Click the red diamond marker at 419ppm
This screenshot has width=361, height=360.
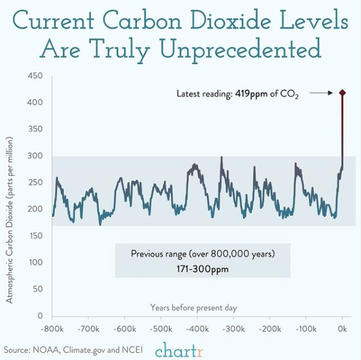(x=342, y=93)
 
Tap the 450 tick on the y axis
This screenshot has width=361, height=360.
(x=35, y=76)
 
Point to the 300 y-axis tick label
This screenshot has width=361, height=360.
(x=35, y=156)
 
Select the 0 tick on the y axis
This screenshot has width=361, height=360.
(x=40, y=316)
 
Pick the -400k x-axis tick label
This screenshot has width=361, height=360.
(x=197, y=329)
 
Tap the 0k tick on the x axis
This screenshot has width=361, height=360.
(x=342, y=329)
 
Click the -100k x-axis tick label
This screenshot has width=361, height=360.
(x=306, y=329)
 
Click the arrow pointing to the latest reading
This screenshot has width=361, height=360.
(x=321, y=93)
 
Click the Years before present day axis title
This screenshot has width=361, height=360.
(x=193, y=308)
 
